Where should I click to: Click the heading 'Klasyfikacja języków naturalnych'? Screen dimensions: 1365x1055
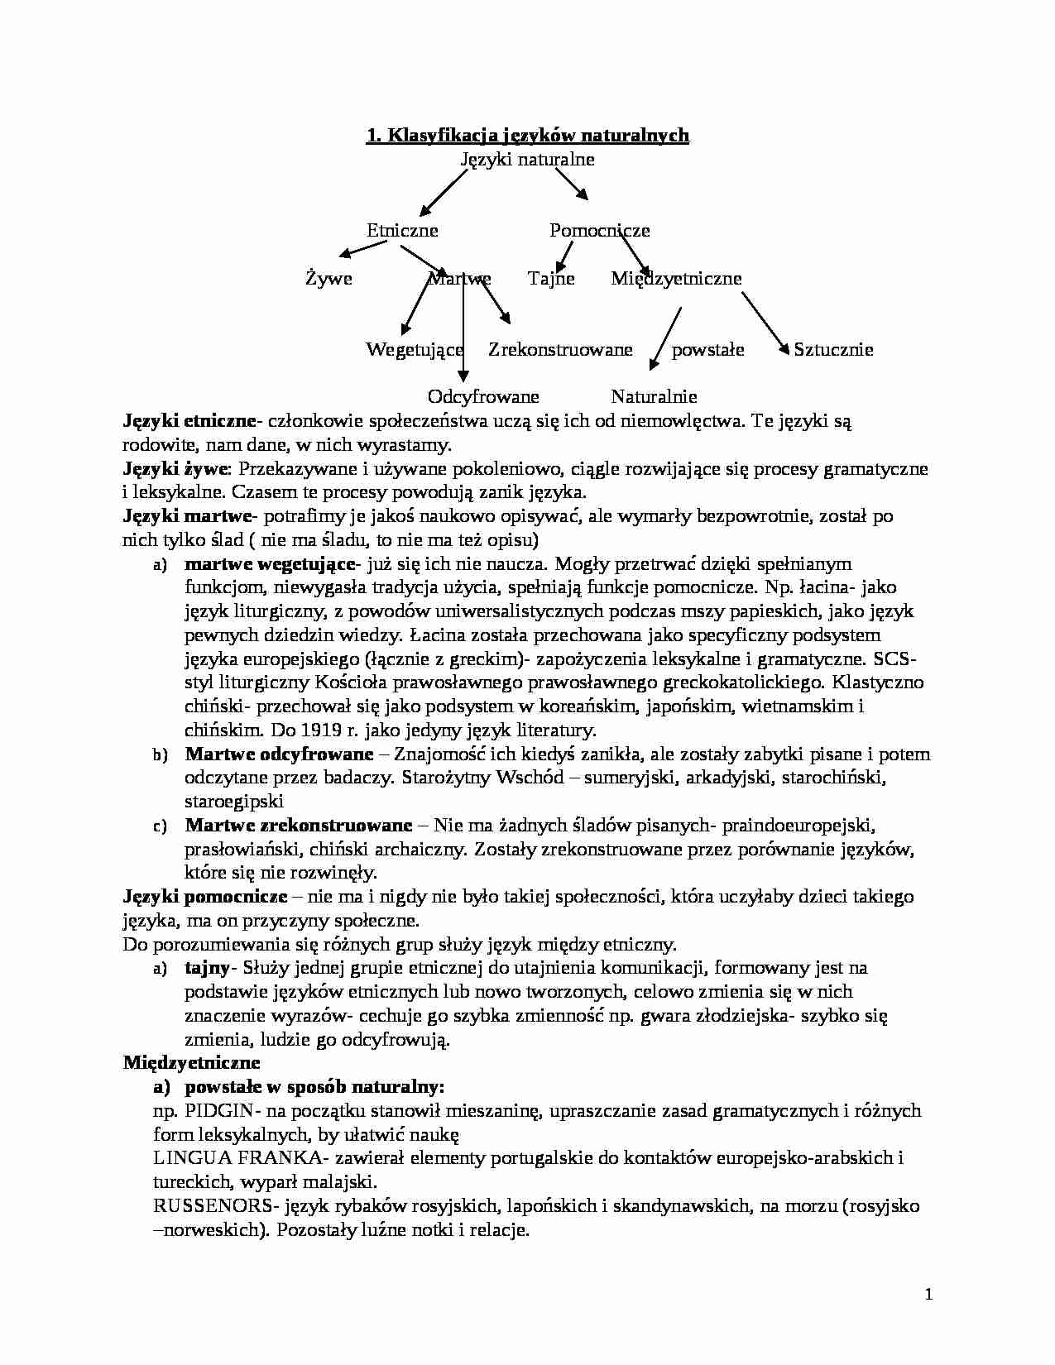coord(527,135)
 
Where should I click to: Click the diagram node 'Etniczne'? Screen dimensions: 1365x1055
coord(402,231)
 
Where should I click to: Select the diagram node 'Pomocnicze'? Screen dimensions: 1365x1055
coord(599,231)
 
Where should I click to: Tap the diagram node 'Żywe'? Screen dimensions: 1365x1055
coord(328,279)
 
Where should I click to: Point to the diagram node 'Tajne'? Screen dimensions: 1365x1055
coord(551,279)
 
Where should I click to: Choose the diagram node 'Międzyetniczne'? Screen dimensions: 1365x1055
coord(676,279)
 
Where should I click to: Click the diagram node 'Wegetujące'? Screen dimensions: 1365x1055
coord(415,349)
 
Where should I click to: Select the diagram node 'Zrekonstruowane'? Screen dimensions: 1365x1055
coord(560,349)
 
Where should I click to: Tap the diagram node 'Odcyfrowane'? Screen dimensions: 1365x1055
coord(483,397)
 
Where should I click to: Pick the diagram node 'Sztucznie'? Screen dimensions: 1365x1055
coord(833,349)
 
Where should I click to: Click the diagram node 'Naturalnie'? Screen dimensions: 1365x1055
coord(654,397)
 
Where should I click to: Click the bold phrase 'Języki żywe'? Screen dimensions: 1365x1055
coord(175,469)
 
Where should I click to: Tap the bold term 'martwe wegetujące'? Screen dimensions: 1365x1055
coord(269,564)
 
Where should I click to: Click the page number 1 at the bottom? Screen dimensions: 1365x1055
coord(928,1295)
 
